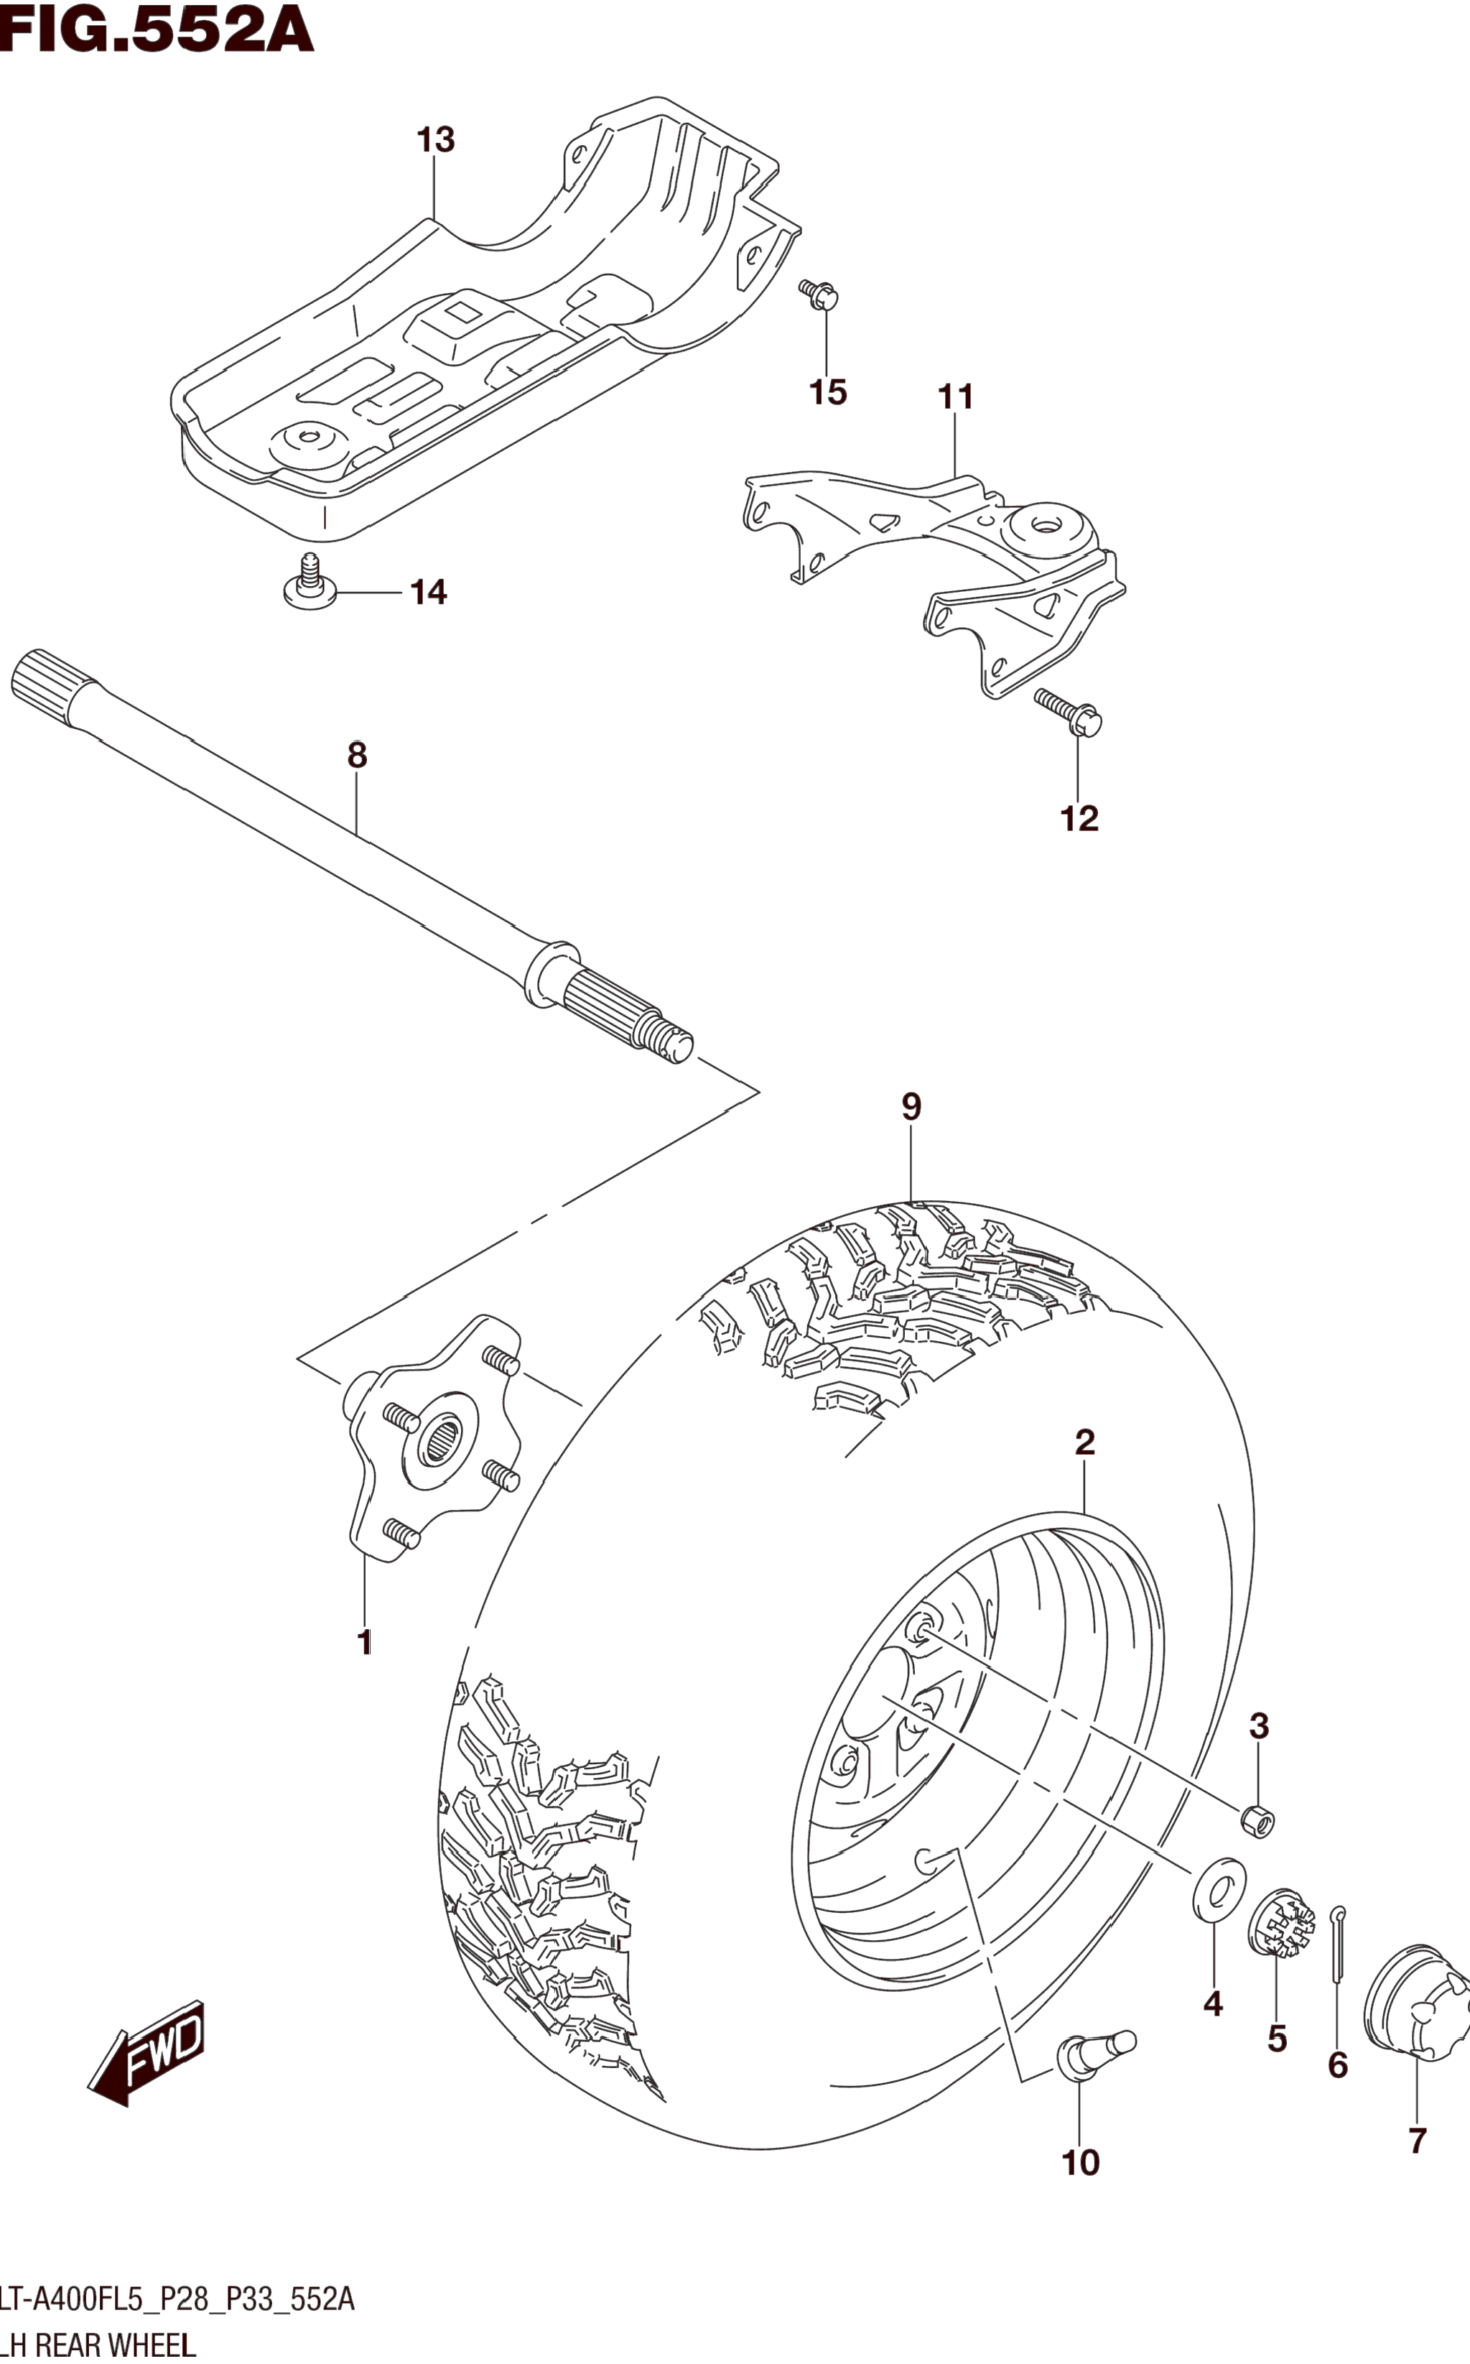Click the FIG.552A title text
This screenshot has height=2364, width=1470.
(x=156, y=29)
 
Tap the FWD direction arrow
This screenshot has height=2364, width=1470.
(x=148, y=2052)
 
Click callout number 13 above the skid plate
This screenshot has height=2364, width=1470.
(x=436, y=140)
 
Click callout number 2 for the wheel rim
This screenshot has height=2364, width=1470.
(x=1085, y=1441)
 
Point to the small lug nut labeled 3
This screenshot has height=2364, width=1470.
(x=1258, y=1820)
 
